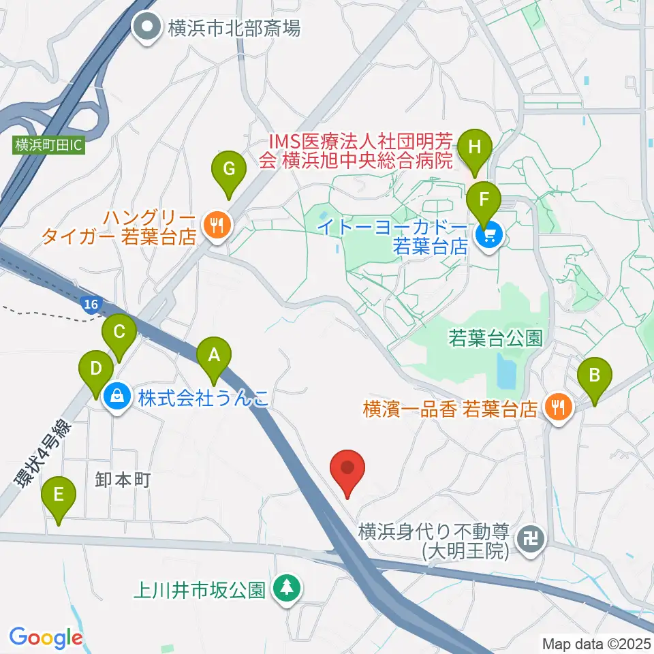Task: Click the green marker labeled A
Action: pyautogui.click(x=214, y=355)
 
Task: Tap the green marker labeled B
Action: pyautogui.click(x=594, y=375)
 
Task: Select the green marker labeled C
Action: pyautogui.click(x=119, y=332)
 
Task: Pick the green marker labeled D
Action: pyautogui.click(x=96, y=369)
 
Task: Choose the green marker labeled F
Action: pyautogui.click(x=484, y=200)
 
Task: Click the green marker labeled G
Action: pyautogui.click(x=228, y=168)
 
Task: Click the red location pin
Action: pyautogui.click(x=347, y=469)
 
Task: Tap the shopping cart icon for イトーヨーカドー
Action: pyautogui.click(x=488, y=236)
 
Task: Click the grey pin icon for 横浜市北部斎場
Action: pyautogui.click(x=146, y=28)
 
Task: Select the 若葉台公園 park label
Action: pyautogui.click(x=495, y=339)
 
